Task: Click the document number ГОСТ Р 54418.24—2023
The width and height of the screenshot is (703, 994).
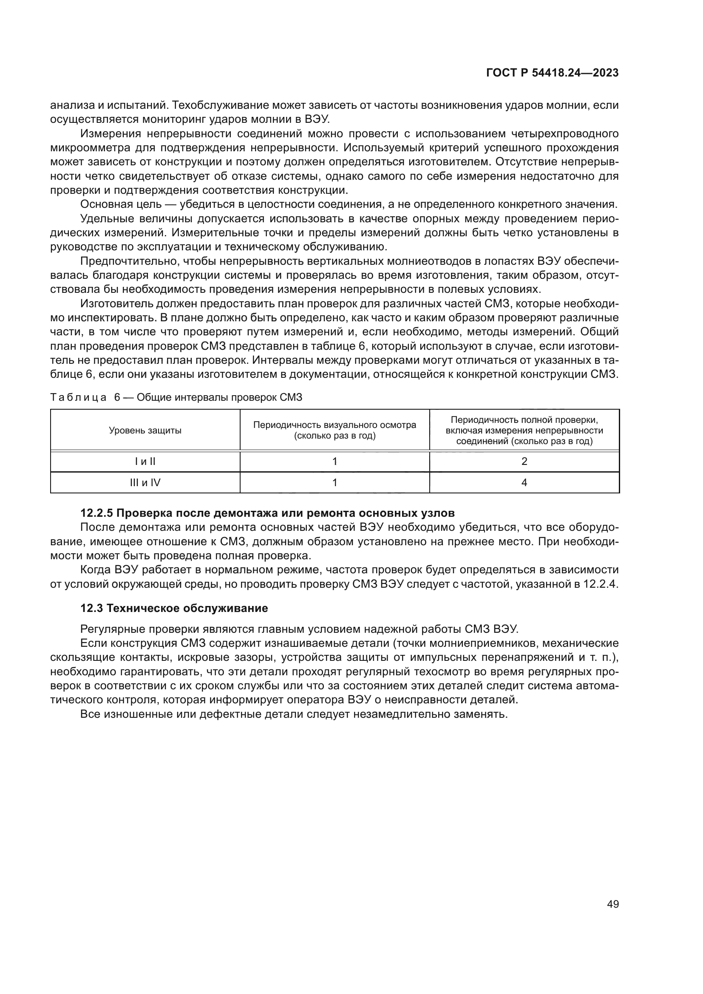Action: click(552, 73)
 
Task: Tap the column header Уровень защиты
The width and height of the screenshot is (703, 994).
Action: click(145, 430)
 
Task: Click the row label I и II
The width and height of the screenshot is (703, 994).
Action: click(145, 462)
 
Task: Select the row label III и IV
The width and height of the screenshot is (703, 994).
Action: click(145, 482)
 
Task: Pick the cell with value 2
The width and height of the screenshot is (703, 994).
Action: click(524, 462)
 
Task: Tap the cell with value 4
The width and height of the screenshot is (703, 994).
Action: click(524, 482)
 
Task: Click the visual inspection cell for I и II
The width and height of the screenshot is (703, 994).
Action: click(334, 462)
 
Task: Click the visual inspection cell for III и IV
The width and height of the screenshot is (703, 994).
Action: click(334, 482)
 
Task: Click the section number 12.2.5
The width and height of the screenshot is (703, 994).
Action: click(96, 513)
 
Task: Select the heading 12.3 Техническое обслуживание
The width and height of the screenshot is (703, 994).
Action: click(174, 608)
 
